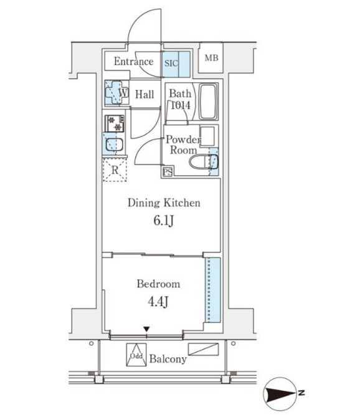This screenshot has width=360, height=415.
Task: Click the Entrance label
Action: (133, 62)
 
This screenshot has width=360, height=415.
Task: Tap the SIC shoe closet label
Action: (171, 64)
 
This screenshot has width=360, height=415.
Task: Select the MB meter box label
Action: (211, 58)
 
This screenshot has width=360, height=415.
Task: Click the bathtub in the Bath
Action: (207, 102)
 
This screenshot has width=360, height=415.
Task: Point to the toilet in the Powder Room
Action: (204, 161)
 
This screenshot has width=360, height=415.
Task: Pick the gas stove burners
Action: (115, 123)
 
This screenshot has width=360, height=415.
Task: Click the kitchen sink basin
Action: (114, 145)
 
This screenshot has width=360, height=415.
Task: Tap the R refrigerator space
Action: (115, 169)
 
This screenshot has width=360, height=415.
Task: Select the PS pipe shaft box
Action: (168, 173)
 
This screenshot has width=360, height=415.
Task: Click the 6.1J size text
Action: (163, 221)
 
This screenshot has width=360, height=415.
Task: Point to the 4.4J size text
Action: (158, 301)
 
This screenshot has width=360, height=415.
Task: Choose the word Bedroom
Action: (158, 284)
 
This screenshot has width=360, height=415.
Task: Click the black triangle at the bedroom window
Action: (146, 329)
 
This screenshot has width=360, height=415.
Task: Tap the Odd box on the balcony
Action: (136, 355)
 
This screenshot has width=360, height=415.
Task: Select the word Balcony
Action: (168, 359)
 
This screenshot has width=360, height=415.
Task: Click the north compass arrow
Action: (281, 394)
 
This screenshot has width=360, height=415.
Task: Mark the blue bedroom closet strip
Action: (212, 290)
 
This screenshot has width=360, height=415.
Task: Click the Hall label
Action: (144, 95)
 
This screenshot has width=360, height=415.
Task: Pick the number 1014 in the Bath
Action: (181, 105)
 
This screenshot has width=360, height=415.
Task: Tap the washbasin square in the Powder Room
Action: (207, 136)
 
